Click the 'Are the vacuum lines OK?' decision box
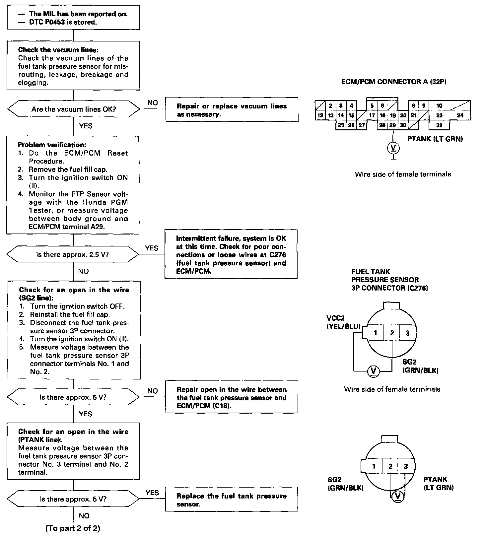(73, 109)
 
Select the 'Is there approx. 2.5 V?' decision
(73, 254)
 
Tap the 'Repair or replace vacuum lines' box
(232, 110)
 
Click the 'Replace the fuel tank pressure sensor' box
(232, 500)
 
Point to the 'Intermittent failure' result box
(231, 254)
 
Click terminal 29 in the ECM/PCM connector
(393, 125)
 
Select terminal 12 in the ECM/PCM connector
(320, 116)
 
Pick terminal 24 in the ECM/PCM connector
(460, 115)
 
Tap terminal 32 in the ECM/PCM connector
(439, 125)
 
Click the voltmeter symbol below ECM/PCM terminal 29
(393, 148)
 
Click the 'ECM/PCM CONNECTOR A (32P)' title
(394, 82)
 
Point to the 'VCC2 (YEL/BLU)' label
(343, 322)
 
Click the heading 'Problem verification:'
(52, 145)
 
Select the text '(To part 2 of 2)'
(73, 528)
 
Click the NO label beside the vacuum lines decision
(153, 103)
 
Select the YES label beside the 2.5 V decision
(152, 248)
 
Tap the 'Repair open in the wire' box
(232, 397)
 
